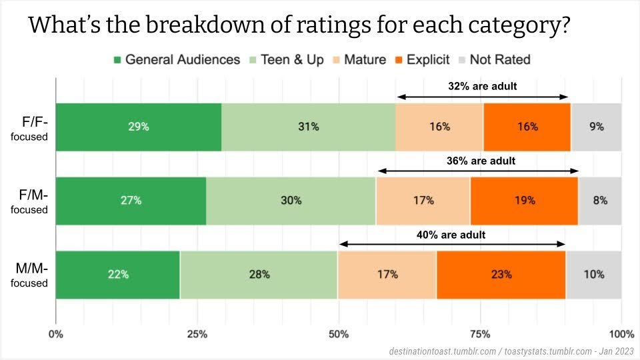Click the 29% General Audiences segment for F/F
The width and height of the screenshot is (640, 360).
139,127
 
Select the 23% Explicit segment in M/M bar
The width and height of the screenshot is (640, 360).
501,274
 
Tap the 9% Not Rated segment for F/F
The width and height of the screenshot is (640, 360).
596,127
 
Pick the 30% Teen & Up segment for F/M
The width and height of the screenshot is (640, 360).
291,201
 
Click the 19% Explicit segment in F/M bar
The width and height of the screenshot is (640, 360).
524,201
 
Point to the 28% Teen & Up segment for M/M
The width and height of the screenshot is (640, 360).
259,274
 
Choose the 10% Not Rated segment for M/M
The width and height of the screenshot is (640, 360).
593,274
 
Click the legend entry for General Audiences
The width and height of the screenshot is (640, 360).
176,60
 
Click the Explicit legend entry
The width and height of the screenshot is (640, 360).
425,60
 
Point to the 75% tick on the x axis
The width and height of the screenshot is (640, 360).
480,334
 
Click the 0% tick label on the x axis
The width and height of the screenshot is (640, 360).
56,334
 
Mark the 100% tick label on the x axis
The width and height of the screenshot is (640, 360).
621,334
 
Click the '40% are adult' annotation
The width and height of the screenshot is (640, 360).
452,235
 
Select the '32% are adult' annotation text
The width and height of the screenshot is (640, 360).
482,86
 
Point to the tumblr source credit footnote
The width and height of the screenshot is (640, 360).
510,350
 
